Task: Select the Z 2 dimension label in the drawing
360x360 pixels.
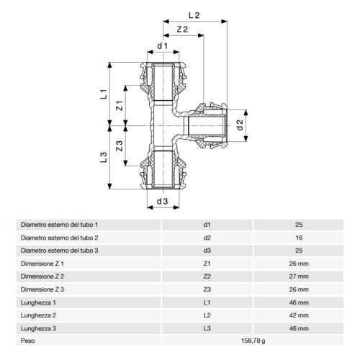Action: pos(182,30)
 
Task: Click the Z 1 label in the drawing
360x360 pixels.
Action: pos(121,106)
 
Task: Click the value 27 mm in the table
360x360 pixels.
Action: pos(299,276)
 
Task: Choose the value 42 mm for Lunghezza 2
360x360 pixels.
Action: pos(299,315)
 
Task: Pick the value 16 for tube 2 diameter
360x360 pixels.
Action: pos(299,237)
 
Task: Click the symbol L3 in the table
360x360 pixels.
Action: pos(207,328)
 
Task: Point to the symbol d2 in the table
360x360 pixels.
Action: pos(207,237)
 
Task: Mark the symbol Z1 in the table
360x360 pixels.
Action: pos(207,263)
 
